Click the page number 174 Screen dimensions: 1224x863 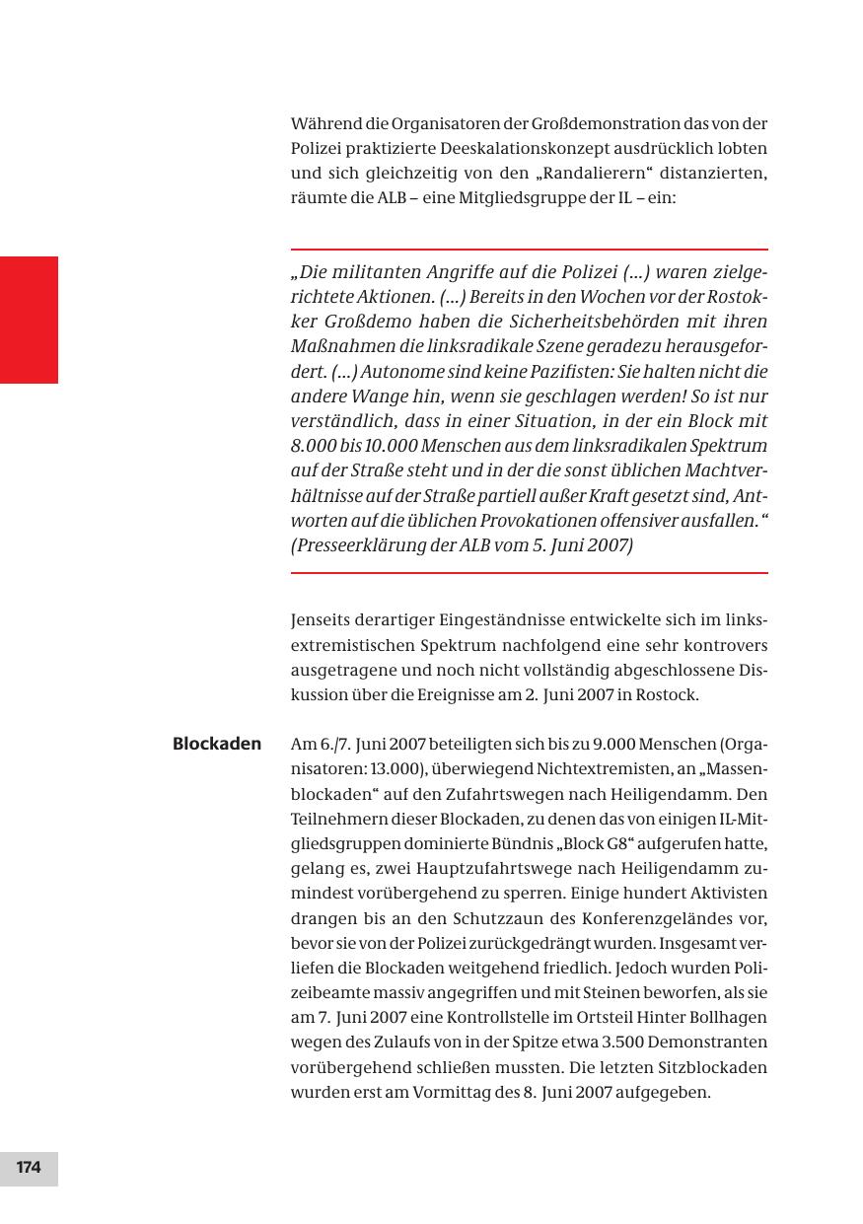[x=29, y=1168]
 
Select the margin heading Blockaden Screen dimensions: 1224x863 [x=217, y=744]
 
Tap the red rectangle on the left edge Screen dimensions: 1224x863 [x=29, y=320]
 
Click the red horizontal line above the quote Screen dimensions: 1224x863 [x=529, y=250]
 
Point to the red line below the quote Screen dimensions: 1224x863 [x=529, y=573]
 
